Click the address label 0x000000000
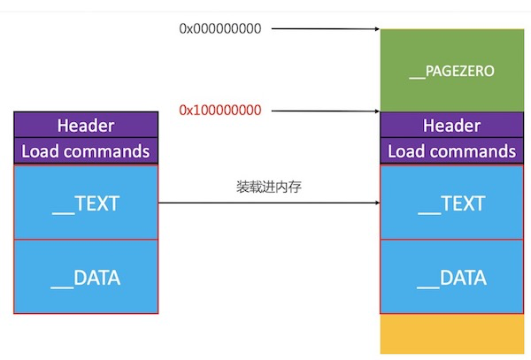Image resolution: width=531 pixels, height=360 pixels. [220, 29]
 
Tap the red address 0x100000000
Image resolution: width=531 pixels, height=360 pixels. [220, 111]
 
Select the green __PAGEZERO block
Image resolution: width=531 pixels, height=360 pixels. [452, 71]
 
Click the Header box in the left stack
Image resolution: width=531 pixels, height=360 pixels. [86, 125]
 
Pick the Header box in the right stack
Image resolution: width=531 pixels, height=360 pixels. [451, 125]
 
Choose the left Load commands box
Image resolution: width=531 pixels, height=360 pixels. [86, 151]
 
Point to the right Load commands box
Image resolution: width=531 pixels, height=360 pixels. [451, 151]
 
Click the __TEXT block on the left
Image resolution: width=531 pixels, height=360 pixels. [86, 203]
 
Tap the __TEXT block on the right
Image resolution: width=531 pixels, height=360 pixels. [451, 203]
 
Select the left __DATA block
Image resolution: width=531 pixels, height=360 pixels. [86, 277]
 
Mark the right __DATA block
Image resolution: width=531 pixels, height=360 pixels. [451, 277]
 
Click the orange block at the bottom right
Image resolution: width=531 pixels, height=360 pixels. [452, 334]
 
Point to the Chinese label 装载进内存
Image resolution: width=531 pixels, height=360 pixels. [269, 187]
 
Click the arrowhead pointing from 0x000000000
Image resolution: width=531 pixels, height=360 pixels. [377, 29]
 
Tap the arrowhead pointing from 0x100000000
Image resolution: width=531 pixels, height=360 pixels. [377, 111]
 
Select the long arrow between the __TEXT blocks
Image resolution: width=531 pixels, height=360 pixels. [269, 203]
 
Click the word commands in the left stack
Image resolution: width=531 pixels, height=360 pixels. [107, 151]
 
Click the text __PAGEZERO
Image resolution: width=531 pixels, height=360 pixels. [451, 72]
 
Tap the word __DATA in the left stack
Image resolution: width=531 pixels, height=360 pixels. [86, 279]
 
